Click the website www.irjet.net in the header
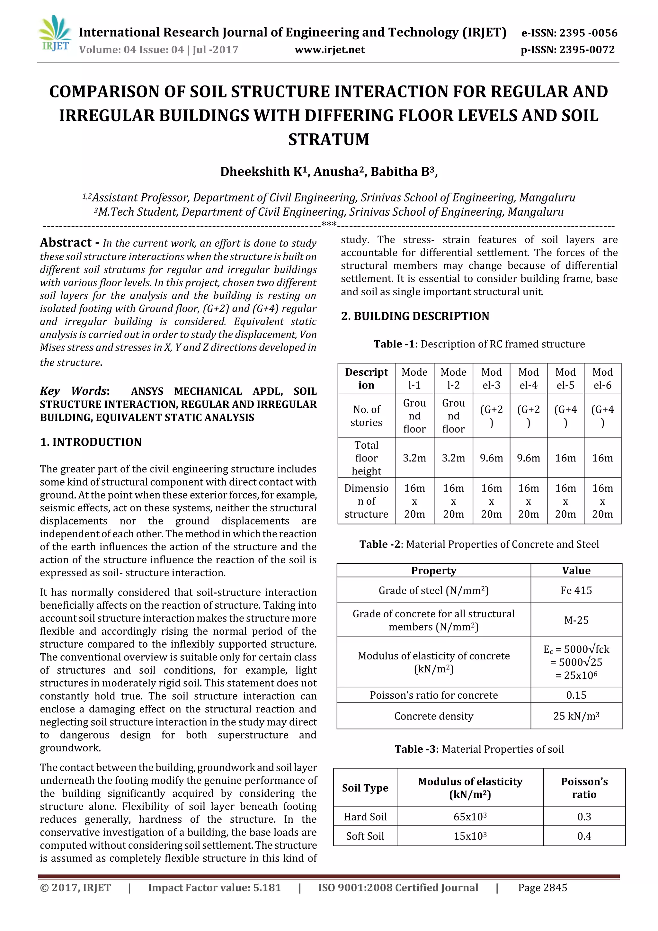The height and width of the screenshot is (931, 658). (329, 50)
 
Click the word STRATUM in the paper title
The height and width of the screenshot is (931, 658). (328, 139)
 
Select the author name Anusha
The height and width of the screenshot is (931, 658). (336, 172)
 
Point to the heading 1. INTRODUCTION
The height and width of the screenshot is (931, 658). (91, 442)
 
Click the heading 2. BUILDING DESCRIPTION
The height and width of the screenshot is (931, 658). (415, 316)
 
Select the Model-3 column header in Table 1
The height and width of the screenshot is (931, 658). (491, 378)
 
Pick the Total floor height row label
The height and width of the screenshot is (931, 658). (366, 458)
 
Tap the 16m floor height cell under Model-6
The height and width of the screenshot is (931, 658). (602, 458)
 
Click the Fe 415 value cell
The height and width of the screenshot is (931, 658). (576, 590)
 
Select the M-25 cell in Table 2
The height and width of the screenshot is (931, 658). (576, 620)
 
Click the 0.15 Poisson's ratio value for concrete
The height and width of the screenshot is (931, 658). (576, 695)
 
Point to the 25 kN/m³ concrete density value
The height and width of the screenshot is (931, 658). (576, 716)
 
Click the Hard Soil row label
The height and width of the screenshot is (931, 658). (365, 817)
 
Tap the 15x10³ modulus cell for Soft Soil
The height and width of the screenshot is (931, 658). (469, 836)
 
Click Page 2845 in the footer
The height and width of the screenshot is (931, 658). (542, 888)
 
